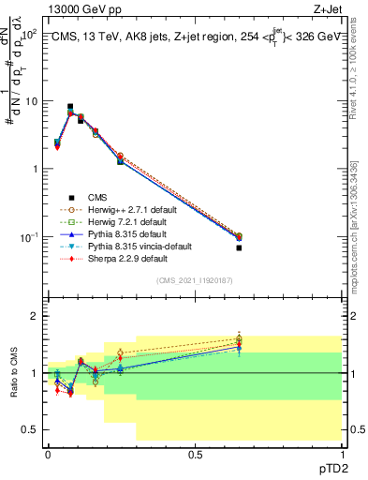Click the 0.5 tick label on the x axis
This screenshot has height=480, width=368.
[x=195, y=453]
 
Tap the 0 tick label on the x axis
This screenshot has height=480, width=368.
[x=48, y=453]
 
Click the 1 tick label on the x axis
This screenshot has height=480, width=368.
[x=342, y=453]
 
